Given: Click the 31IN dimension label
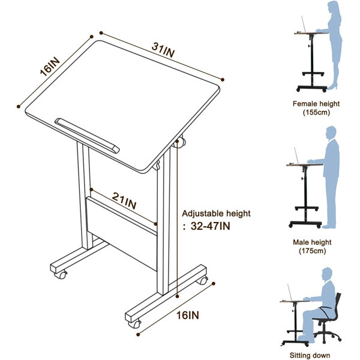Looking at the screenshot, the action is (163, 50).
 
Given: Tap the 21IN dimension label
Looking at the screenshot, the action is (124, 200).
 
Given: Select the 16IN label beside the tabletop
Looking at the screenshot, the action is (50, 67).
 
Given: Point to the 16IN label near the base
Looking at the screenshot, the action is (188, 315).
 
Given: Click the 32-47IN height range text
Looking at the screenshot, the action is (211, 226).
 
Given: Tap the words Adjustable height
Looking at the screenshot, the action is (216, 214).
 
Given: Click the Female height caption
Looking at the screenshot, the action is (316, 104).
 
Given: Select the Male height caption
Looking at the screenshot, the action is (312, 242).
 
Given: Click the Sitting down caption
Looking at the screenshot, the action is (310, 355).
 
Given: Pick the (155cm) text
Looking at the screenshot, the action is (316, 113).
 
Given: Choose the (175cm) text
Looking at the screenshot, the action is (312, 251).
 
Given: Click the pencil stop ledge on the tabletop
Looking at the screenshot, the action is (87, 136).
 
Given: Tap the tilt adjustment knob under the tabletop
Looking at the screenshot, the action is (181, 142).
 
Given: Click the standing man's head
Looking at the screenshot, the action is (331, 133).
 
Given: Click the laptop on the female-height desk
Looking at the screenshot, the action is (303, 25).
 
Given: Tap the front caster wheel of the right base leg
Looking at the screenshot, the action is (134, 324).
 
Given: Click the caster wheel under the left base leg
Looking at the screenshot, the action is (61, 275).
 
